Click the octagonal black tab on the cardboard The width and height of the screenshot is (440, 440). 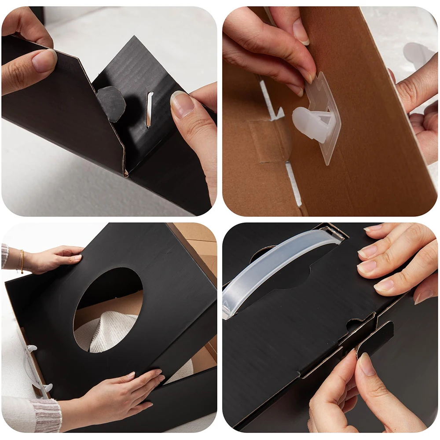point(111,103)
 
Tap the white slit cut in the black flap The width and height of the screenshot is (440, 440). point(150,110)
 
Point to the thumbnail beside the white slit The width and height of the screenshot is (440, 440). point(182,105)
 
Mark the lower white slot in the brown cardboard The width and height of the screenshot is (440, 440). point(293,184)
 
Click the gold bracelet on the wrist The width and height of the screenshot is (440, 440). point(21,261)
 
